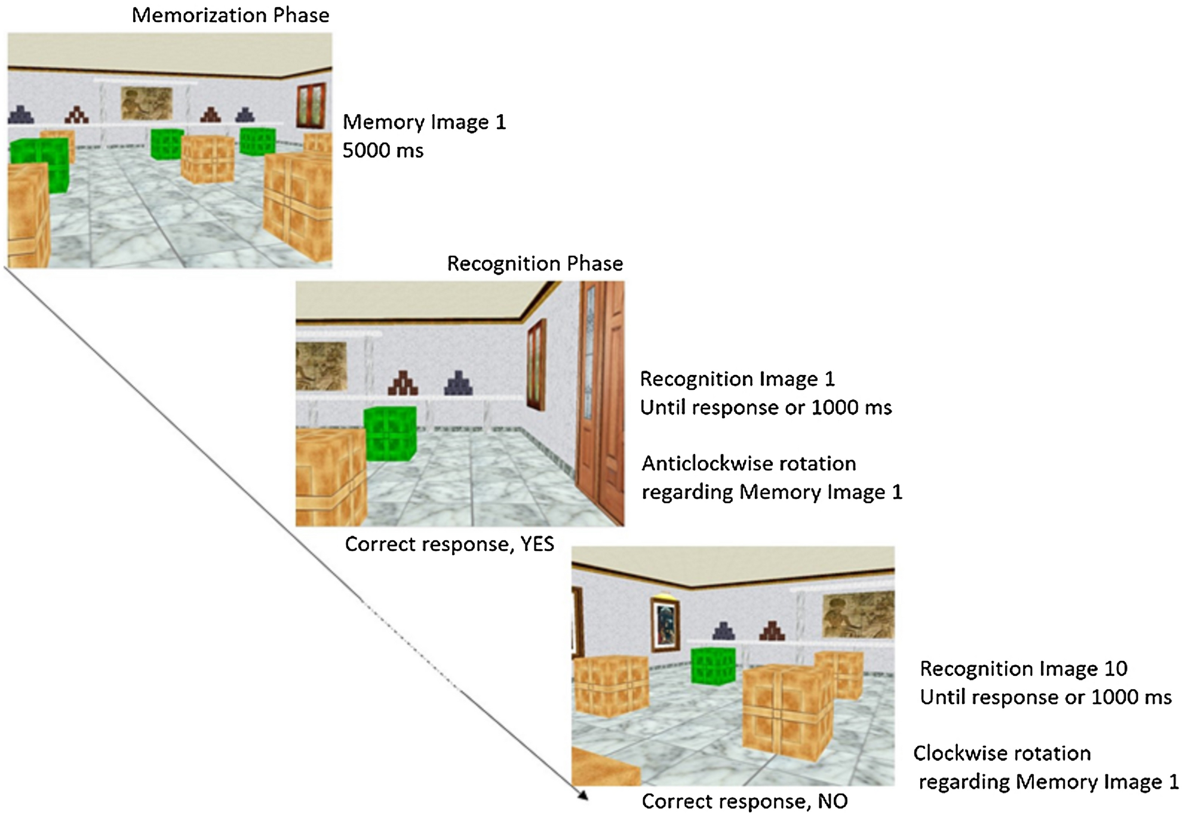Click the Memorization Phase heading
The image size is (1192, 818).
coord(230,15)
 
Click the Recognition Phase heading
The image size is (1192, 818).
coord(534,263)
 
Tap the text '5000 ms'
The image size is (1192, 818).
coord(383,150)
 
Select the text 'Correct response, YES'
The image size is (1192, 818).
coord(449,544)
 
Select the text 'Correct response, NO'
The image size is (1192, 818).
coord(744,801)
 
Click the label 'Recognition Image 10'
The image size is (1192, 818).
coord(1023,669)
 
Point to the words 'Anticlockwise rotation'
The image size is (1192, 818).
coord(748,463)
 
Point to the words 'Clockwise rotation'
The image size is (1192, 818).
coord(1001,754)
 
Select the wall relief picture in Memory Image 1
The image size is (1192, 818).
coord(146,103)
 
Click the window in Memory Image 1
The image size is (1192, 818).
coord(311,106)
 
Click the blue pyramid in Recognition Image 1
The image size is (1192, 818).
coord(458,383)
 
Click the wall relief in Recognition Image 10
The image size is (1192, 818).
coord(858,615)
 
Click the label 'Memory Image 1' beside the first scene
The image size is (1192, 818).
coord(424,122)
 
